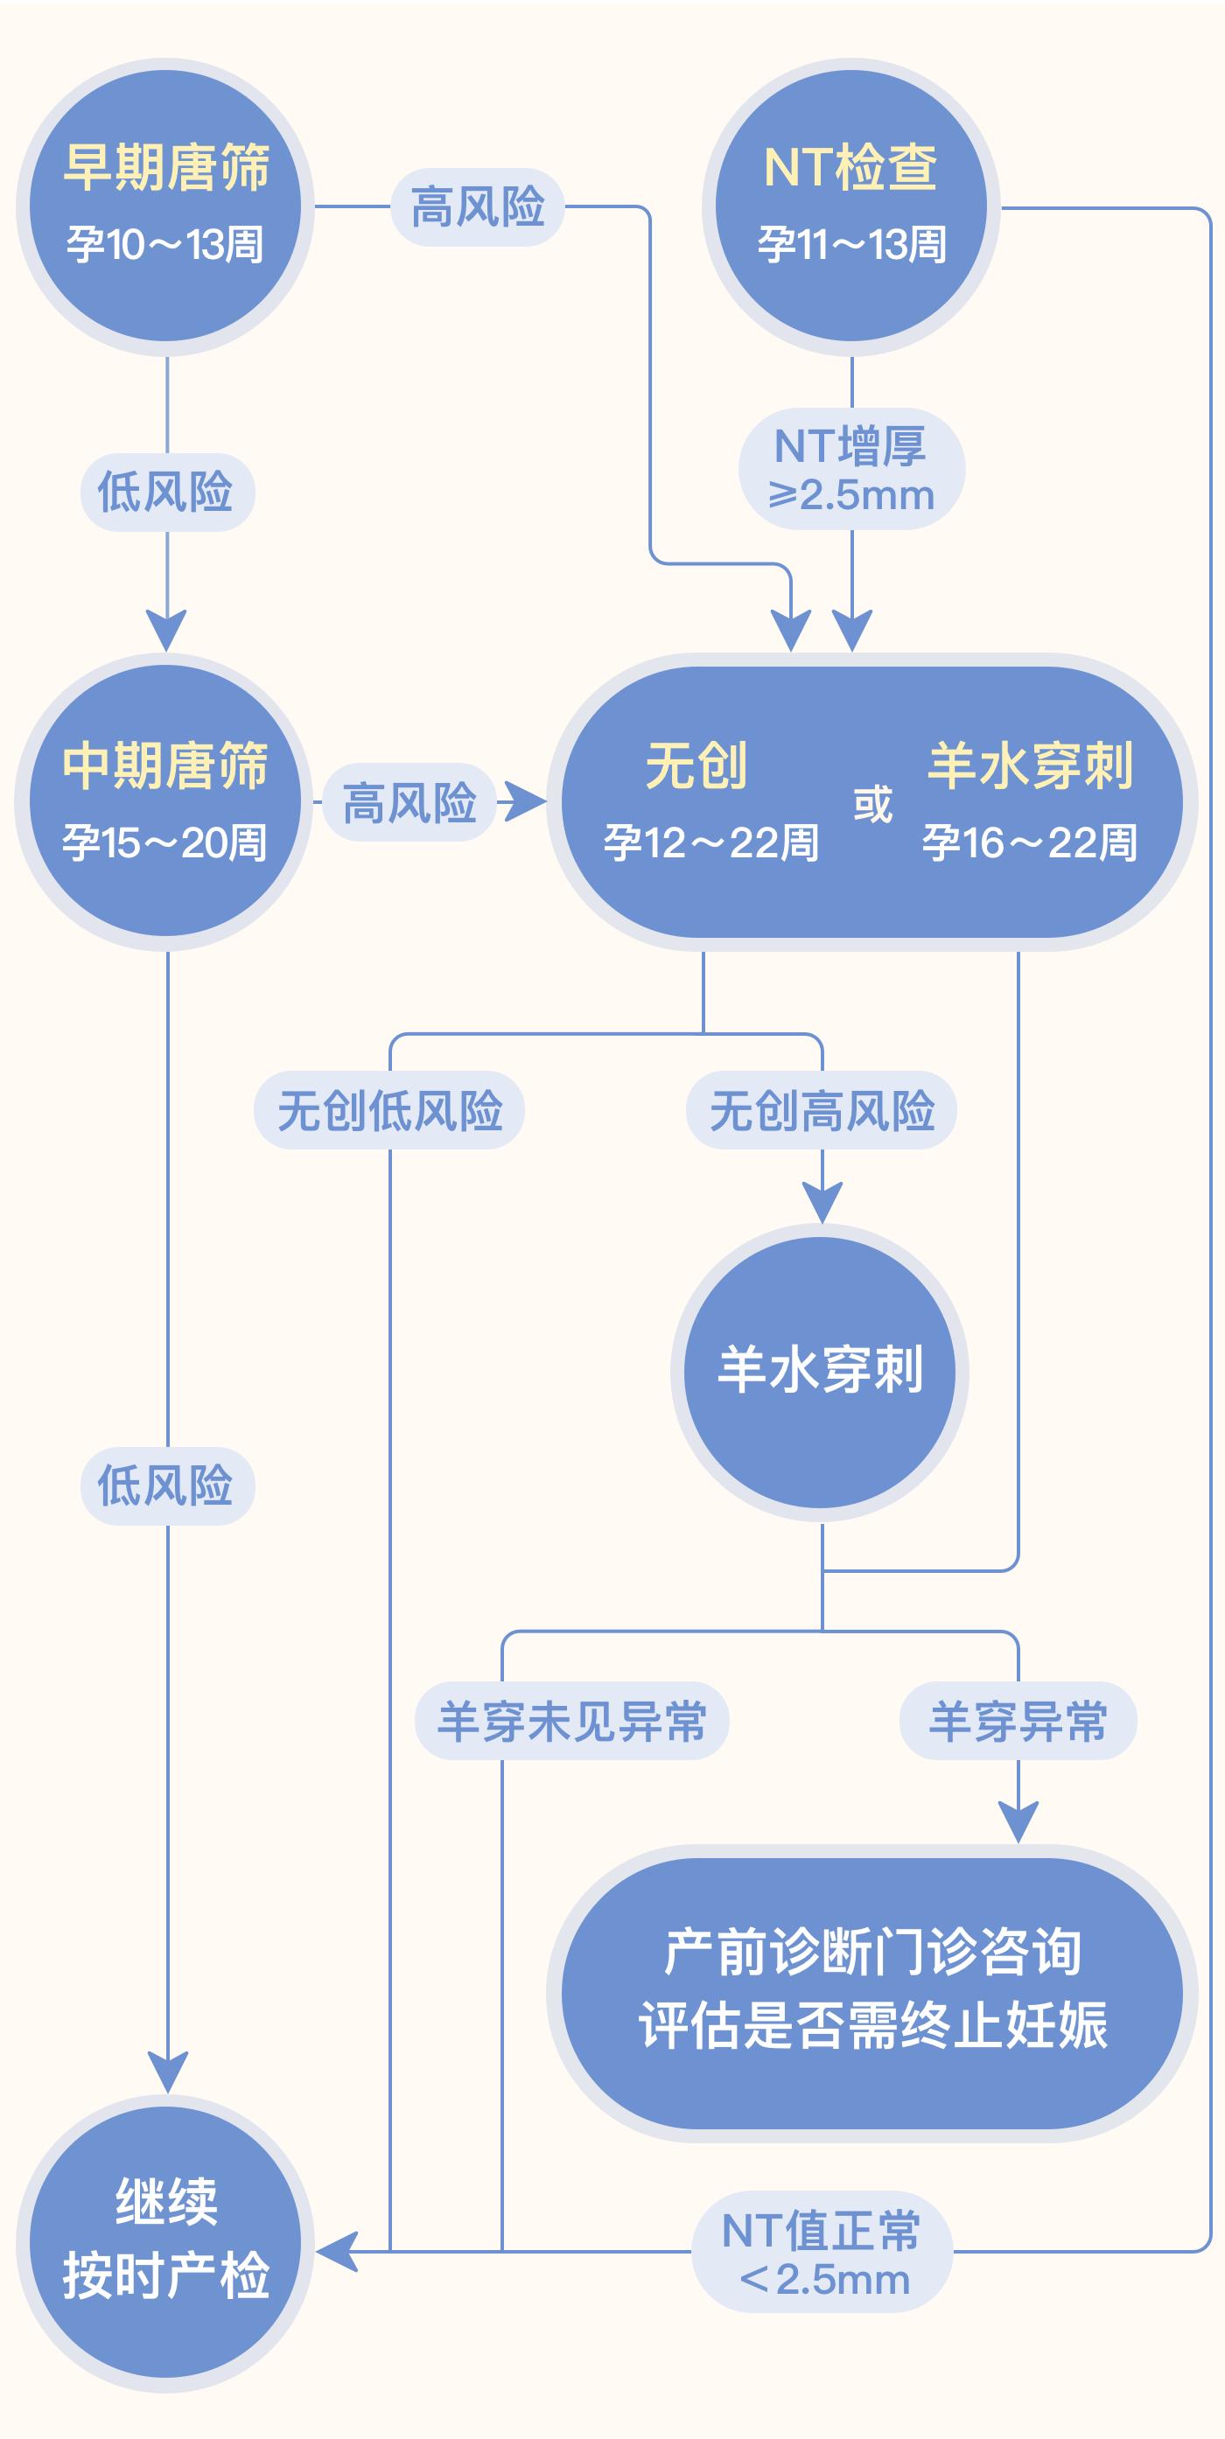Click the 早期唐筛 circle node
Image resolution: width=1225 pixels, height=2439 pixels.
pyautogui.click(x=165, y=206)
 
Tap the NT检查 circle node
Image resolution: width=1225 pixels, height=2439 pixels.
pyautogui.click(x=850, y=206)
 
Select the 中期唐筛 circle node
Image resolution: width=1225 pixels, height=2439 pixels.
pyautogui.click(x=164, y=802)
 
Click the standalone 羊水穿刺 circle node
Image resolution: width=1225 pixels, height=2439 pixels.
pyautogui.click(x=820, y=1372)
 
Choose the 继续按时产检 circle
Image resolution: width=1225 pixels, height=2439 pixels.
pyautogui.click(x=165, y=2243)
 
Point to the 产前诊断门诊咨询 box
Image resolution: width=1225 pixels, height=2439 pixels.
pyautogui.click(x=871, y=1993)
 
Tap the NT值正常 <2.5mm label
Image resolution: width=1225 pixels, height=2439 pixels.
pyautogui.click(x=822, y=2253)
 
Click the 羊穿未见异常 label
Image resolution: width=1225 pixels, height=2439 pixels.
pyautogui.click(x=571, y=1722)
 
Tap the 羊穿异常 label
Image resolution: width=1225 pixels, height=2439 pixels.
pyautogui.click(x=1018, y=1722)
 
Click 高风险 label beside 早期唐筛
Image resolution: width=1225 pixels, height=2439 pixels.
pyautogui.click(x=478, y=207)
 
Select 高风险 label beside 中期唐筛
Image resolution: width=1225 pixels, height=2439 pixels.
pyautogui.click(x=409, y=803)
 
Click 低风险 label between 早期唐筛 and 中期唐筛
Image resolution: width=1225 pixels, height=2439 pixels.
pyautogui.click(x=166, y=493)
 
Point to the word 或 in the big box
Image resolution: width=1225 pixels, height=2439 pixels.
pyautogui.click(x=871, y=805)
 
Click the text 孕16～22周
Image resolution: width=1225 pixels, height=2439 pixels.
pyautogui.click(x=1029, y=842)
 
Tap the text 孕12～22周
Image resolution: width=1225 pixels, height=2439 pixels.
pyautogui.click(x=711, y=842)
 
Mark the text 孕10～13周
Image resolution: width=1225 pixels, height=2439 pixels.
pyautogui.click(x=164, y=245)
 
